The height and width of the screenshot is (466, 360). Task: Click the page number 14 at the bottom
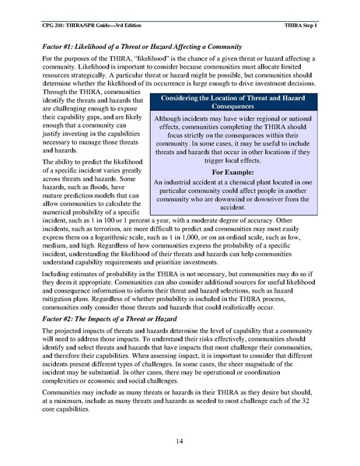point(180,442)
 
